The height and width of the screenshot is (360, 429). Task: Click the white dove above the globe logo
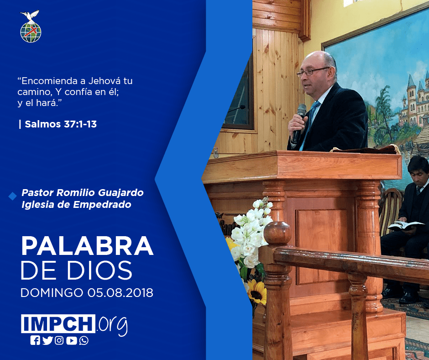coord(30,16)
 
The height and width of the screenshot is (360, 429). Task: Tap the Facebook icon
coord(35,340)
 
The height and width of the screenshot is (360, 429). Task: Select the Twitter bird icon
coord(47,340)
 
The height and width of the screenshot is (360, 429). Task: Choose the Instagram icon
coord(59,340)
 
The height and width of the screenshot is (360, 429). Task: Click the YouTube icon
coord(71,340)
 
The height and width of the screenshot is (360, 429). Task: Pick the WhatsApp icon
coord(84,340)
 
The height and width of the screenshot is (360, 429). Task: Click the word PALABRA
coord(87,246)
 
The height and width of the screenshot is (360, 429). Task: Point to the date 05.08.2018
coord(120,293)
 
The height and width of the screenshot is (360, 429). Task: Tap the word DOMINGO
coord(52,293)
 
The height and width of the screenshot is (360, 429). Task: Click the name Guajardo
coord(120,193)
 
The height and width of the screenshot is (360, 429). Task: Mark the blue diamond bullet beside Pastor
coord(13,196)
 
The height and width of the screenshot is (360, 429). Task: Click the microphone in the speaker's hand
coord(299,122)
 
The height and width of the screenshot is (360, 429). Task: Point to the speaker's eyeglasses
coord(313,72)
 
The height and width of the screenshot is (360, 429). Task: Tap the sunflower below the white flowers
coord(258,292)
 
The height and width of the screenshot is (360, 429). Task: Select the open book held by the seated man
coord(405,226)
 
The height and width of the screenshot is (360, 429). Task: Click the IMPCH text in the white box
coord(58,323)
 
